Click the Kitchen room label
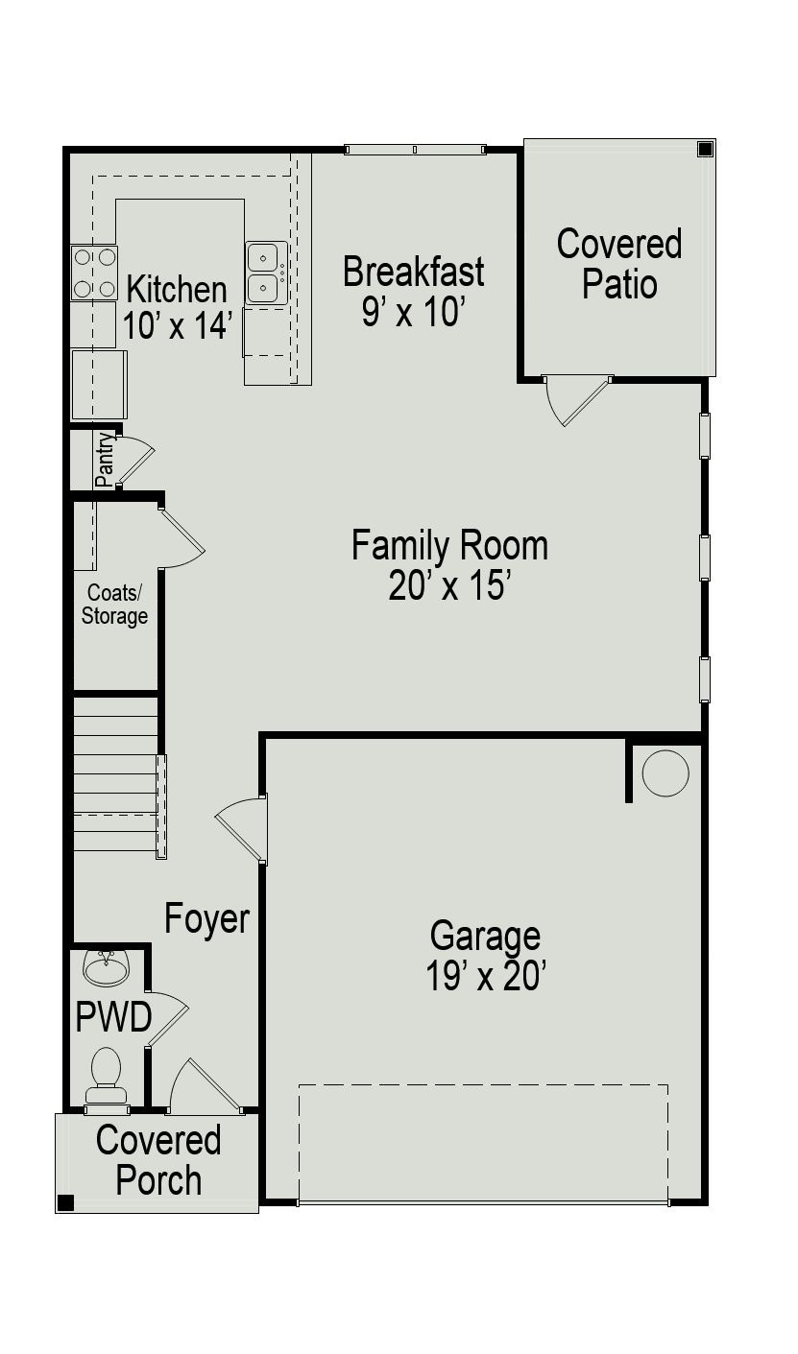(x=177, y=289)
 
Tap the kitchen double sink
(x=266, y=273)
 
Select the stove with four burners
(x=94, y=273)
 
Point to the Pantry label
(x=105, y=460)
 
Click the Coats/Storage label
(x=114, y=605)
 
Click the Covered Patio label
(x=619, y=264)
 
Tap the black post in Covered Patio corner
(x=705, y=149)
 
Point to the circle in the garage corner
(x=665, y=772)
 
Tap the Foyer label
(x=206, y=918)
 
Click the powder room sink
(x=106, y=967)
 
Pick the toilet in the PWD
(x=106, y=1076)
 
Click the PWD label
(x=113, y=1017)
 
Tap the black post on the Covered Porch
(x=65, y=1202)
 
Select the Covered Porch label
(x=158, y=1160)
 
